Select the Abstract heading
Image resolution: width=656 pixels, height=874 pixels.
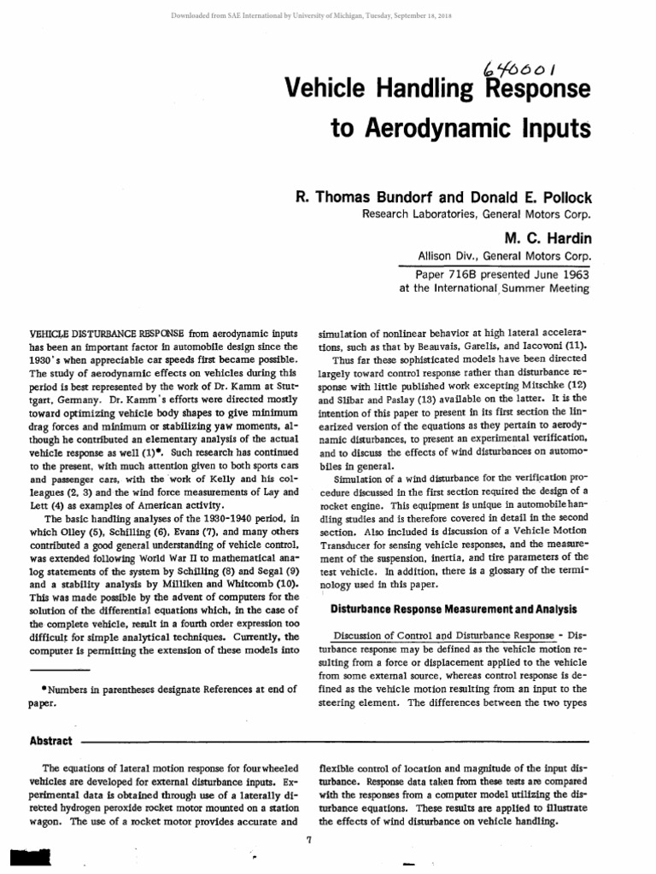[50, 741]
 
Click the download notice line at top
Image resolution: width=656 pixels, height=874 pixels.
[327, 15]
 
